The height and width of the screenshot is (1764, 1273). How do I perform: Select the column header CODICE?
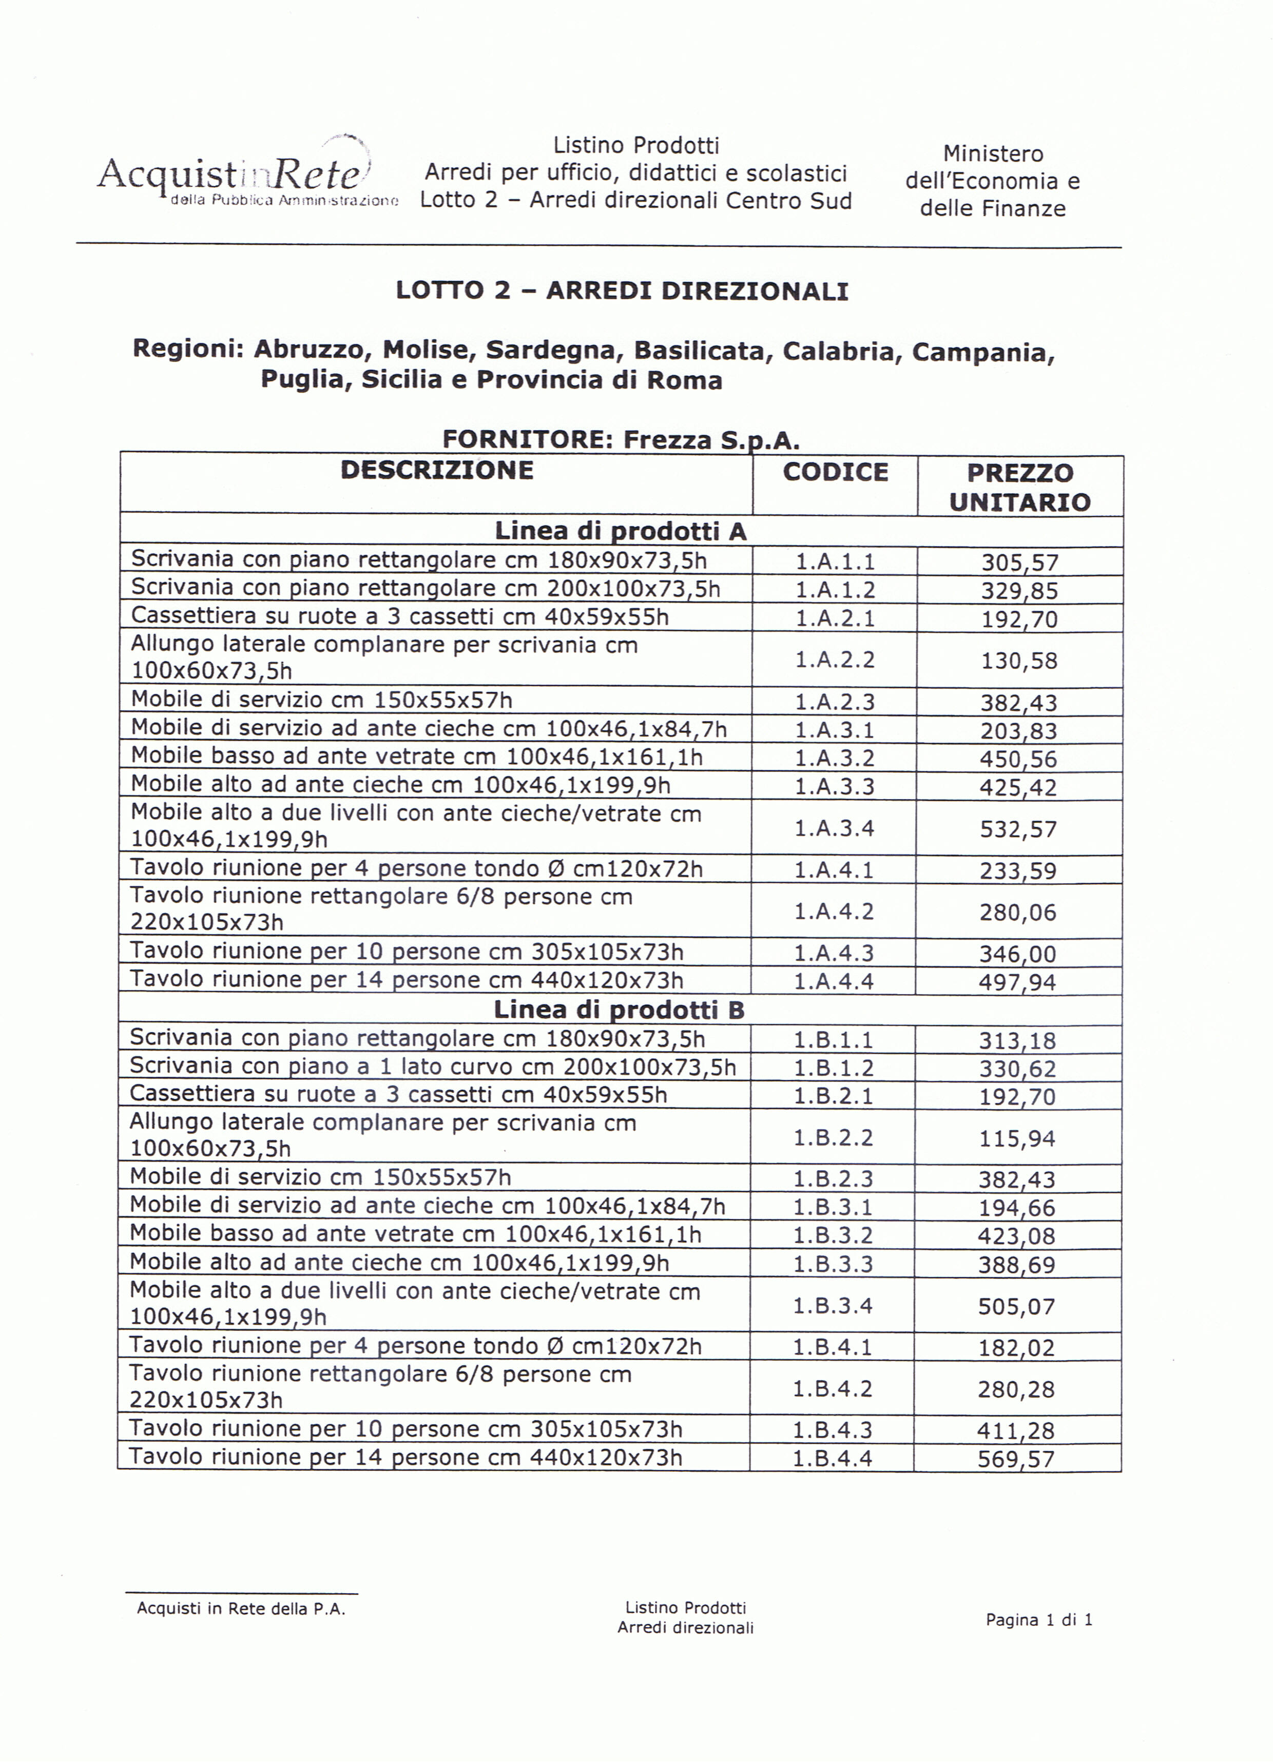pyautogui.click(x=835, y=472)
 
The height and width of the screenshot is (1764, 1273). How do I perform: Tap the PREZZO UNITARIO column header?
pyautogui.click(x=1019, y=487)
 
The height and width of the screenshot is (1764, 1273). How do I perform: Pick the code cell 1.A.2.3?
pyautogui.click(x=834, y=702)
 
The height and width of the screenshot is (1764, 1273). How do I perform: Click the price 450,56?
pyautogui.click(x=1018, y=759)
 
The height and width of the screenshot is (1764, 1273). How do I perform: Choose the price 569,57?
pyautogui.click(x=1016, y=1459)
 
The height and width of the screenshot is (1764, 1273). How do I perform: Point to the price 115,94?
pyautogui.click(x=1017, y=1139)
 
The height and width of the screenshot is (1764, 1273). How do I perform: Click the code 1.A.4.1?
pyautogui.click(x=834, y=869)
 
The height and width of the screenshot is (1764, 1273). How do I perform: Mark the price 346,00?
pyautogui.click(x=1018, y=954)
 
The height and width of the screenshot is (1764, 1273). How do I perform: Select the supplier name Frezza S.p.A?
pyautogui.click(x=711, y=440)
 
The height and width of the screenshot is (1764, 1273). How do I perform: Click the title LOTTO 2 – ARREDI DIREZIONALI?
pyautogui.click(x=622, y=291)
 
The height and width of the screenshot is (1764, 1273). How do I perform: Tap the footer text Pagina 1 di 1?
pyautogui.click(x=1039, y=1620)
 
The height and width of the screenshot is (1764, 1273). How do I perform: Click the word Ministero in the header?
pyautogui.click(x=993, y=154)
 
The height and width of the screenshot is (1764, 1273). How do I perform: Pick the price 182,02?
pyautogui.click(x=1016, y=1348)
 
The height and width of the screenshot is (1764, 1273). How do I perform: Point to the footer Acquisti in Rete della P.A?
pyautogui.click(x=241, y=1609)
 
